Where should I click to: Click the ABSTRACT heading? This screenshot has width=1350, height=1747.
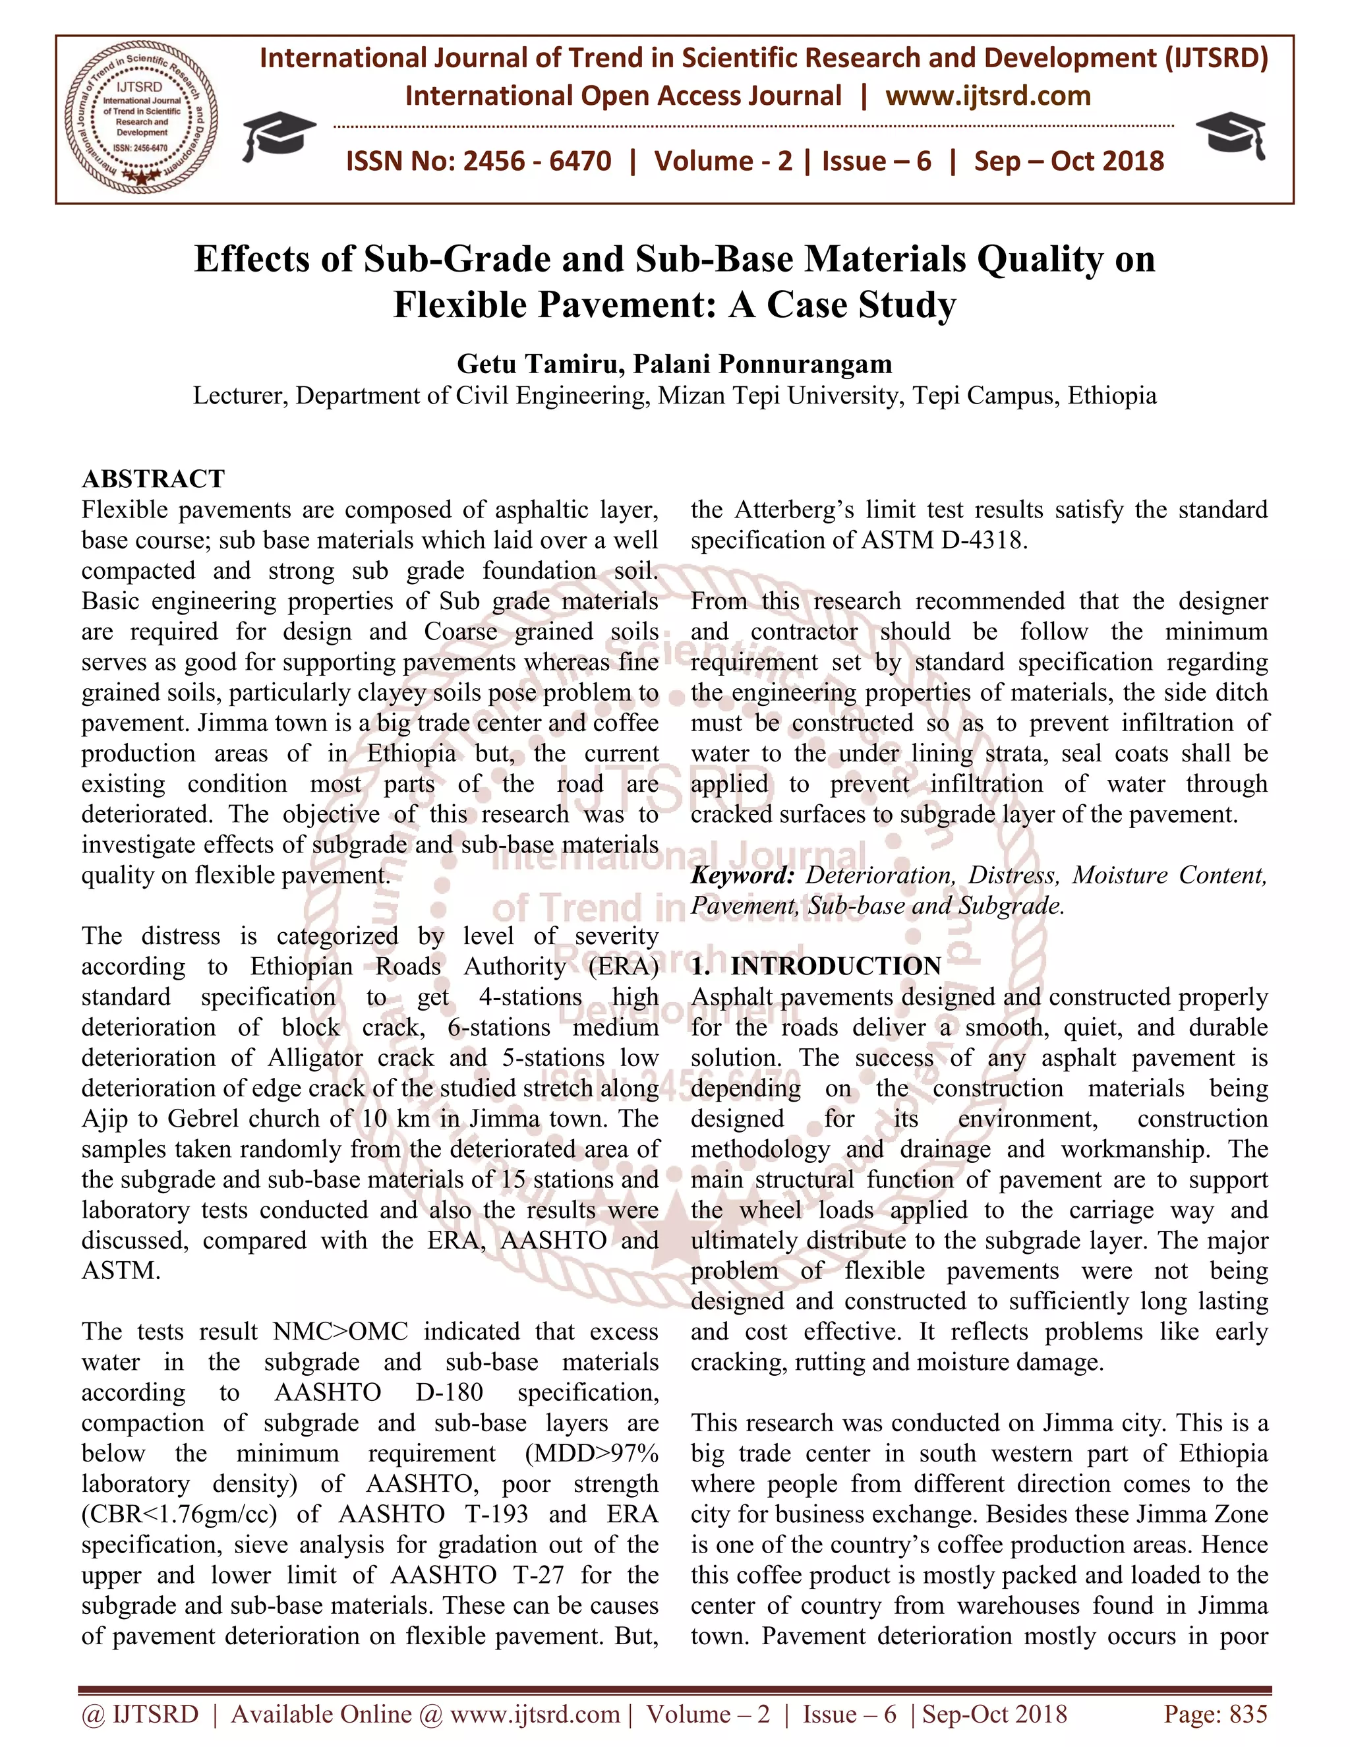point(154,479)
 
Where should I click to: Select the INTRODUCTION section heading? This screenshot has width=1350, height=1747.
point(836,966)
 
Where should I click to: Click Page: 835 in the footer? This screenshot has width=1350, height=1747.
point(1216,1713)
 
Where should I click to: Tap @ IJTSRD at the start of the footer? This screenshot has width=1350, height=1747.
point(140,1713)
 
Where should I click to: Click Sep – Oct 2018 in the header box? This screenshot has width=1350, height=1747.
point(1069,162)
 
